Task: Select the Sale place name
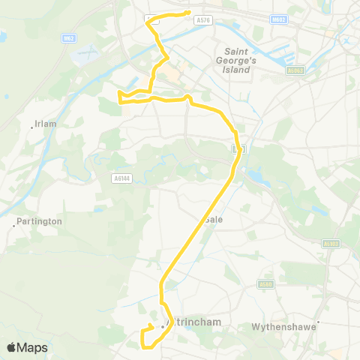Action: [214, 220]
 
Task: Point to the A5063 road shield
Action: [295, 71]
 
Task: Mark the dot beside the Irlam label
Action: [31, 127]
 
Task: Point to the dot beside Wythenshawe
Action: [319, 324]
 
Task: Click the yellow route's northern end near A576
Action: [187, 14]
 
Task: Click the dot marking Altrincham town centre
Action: [162, 325]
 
